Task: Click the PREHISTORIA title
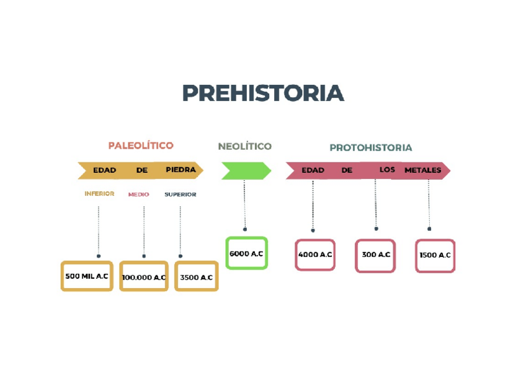pos(262,93)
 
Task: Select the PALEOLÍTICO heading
pos(141,146)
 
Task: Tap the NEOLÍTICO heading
pos(244,146)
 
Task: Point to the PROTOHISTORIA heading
pos(370,147)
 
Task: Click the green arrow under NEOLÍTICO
pos(246,170)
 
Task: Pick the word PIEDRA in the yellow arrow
pos(181,170)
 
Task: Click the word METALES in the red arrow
pos(422,170)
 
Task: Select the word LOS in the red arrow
pos(387,170)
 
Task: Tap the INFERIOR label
pos(99,194)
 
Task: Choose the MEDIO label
pos(138,194)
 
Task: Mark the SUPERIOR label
pos(180,194)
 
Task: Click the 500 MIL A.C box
pos(87,276)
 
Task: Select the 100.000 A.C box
pos(143,277)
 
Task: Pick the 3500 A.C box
pos(196,277)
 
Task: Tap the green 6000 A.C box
pos(246,253)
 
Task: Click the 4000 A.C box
pos(315,255)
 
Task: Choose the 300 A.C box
pos(375,255)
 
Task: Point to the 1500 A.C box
pos(435,255)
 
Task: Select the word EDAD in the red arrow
pos(313,170)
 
